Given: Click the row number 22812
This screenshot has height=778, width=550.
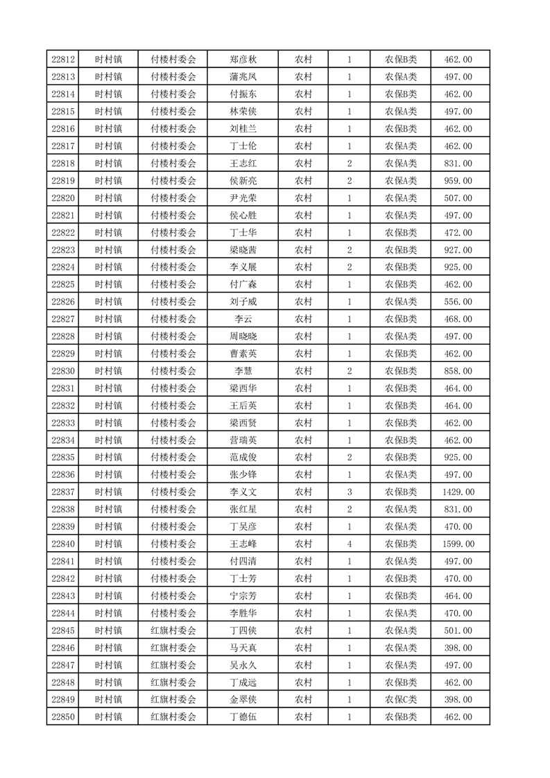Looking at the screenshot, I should pos(63,60).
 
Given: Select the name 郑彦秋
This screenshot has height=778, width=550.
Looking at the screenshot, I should pos(243,60).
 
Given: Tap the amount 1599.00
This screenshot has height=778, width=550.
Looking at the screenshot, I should pos(458,544).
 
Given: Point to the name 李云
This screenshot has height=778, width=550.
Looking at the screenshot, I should pos(243,319).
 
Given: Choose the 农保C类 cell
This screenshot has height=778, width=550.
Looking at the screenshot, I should pos(401,700).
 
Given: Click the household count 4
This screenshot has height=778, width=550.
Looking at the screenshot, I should pos(349,544).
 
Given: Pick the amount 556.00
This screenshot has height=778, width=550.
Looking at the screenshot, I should pos(458,302).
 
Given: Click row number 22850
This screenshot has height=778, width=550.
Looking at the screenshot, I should pos(63,717).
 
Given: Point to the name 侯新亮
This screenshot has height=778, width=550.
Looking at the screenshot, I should pos(243,181).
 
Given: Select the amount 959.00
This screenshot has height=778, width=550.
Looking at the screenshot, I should pos(458,181).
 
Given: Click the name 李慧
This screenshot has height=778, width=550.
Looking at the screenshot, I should pos(243,371).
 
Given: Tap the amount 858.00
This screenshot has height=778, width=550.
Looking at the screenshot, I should pos(458,371).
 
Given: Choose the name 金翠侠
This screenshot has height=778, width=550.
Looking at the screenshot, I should pos(243,700).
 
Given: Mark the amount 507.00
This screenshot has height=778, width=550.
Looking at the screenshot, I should pos(458,198).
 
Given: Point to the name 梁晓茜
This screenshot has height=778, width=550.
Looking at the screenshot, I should pos(243,250).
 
